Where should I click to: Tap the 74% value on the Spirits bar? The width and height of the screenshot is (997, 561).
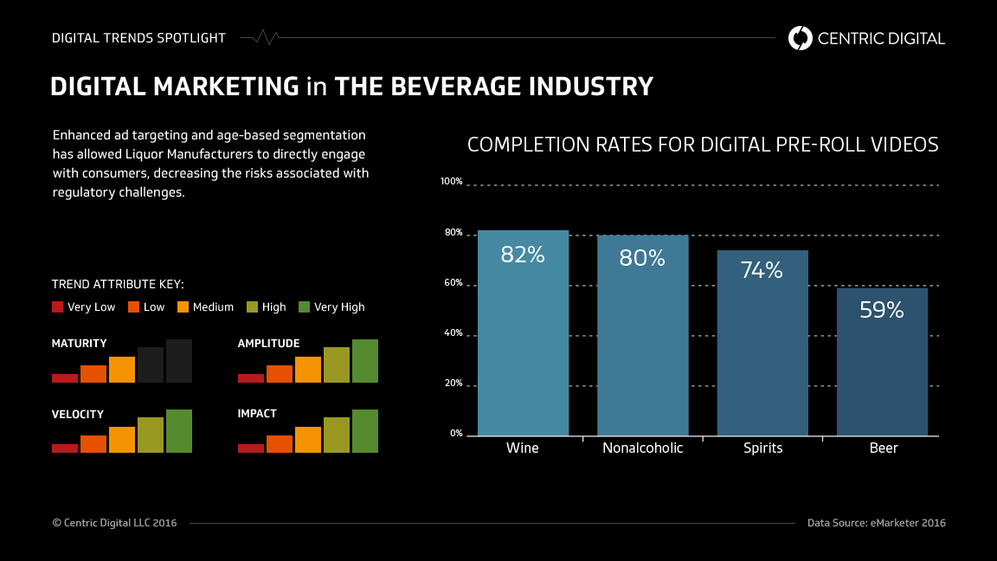point(762,270)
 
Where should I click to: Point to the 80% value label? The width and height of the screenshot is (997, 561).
point(642,258)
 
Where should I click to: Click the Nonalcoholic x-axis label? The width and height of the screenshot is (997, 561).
point(642,448)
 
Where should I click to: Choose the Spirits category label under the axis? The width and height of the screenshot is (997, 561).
point(762,448)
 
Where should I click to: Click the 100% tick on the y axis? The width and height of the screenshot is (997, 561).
point(452,182)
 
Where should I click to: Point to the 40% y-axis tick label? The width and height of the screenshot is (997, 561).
point(453,334)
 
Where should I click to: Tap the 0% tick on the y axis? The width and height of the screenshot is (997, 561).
point(456,433)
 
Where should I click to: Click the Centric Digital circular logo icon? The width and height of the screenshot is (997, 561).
point(801,38)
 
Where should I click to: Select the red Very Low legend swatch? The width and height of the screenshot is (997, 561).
point(58,306)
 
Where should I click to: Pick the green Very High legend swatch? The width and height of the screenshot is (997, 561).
point(304,306)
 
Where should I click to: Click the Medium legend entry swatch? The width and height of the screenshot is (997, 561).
point(183,306)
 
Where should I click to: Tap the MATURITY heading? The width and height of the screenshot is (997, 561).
point(80,344)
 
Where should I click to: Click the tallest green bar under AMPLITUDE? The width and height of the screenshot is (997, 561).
point(365,361)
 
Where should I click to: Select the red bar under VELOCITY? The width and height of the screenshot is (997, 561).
point(65,448)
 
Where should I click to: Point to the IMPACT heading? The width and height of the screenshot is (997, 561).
point(257,414)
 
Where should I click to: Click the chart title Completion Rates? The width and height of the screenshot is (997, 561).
point(703,145)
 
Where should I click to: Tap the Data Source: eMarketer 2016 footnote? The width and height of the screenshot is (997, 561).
point(876,523)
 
